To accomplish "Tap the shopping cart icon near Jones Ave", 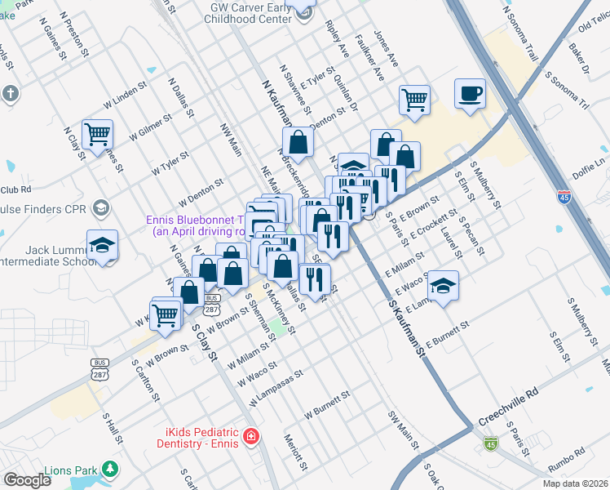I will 414,100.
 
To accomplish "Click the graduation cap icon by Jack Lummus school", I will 103,245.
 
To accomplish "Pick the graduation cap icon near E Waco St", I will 443,286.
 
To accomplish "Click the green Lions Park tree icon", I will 109,470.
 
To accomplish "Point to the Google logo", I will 27,479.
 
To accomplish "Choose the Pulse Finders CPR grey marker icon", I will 101,207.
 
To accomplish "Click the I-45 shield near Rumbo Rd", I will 489,443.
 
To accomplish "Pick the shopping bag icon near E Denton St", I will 298,142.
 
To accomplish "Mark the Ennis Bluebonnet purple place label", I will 196,225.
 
